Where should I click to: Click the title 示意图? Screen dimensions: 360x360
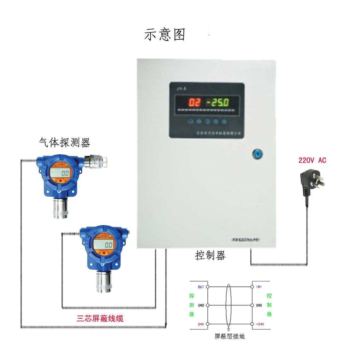click(x=165, y=35)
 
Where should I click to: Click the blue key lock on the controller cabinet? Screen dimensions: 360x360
click(x=257, y=154)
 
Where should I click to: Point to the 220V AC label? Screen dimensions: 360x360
click(x=312, y=160)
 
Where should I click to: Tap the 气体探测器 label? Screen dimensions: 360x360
click(x=65, y=142)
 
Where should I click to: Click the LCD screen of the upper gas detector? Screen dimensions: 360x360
click(x=60, y=173)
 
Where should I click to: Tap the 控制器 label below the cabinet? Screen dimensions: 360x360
click(x=210, y=255)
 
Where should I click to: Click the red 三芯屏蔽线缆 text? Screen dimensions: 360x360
click(x=100, y=318)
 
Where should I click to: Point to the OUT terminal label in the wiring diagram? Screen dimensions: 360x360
click(x=201, y=287)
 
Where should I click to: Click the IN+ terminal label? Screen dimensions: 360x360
click(x=259, y=287)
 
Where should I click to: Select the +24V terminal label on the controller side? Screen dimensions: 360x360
click(x=260, y=324)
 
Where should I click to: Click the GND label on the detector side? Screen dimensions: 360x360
click(x=201, y=305)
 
